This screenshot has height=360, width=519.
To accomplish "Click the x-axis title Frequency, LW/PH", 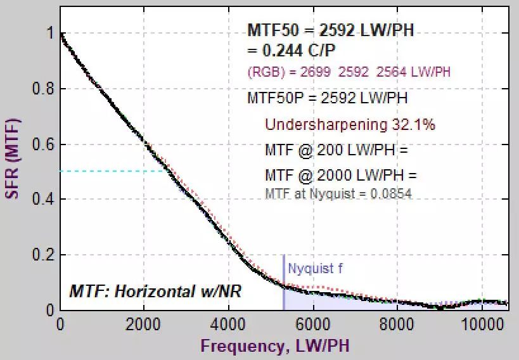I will pyautogui.click(x=274, y=346).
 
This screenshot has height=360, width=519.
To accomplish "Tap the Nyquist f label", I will pyautogui.click(x=315, y=269).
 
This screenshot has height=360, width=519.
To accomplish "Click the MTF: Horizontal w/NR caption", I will pyautogui.click(x=155, y=292).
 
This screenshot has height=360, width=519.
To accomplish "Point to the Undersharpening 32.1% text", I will pyautogui.click(x=350, y=125).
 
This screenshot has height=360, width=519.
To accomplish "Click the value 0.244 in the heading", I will pyautogui.click(x=276, y=49).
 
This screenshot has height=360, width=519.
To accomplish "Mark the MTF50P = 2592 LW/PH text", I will pyautogui.click(x=327, y=98).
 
